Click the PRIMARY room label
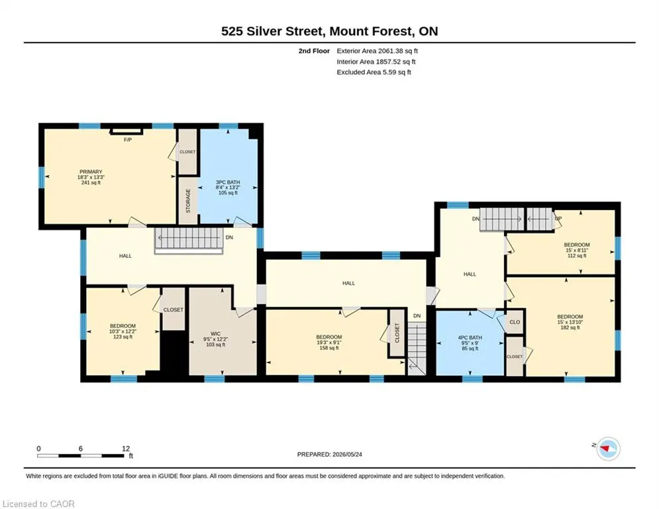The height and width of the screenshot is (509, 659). click(91, 172)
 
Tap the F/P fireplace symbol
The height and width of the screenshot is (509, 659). click(127, 132)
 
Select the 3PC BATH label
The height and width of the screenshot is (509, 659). click(228, 182)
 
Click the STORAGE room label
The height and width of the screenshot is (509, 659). click(188, 201)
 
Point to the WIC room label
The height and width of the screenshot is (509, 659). click(216, 334)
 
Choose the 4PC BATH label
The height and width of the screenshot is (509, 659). click(470, 337)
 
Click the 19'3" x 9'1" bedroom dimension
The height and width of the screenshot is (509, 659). click(329, 343)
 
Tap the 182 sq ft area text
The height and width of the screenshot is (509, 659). click(570, 327)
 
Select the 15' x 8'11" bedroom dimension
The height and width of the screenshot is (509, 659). click(577, 250)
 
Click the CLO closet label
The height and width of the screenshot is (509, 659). click(515, 322)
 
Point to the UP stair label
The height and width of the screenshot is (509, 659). click(558, 218)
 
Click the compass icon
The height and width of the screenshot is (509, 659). click(608, 449)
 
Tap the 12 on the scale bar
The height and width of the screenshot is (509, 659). click(126, 449)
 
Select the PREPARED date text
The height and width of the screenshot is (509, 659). click(330, 454)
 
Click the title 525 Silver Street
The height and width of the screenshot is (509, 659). click(272, 31)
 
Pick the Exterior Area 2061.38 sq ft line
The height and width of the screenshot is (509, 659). click(377, 51)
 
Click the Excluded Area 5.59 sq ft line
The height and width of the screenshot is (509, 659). click(374, 72)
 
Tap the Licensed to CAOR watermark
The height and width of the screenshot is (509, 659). click(38, 504)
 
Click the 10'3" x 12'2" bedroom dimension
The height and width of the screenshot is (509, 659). click(123, 331)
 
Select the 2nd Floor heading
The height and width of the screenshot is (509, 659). click(314, 51)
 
